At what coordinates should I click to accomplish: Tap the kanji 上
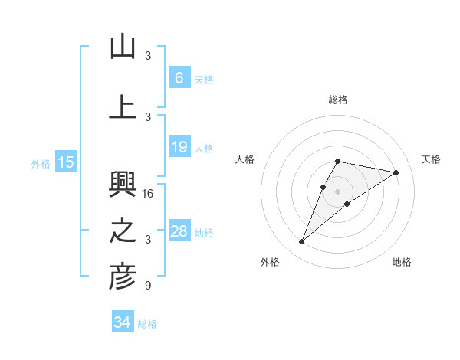click(x=123, y=106)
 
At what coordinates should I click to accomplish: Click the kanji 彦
click(x=123, y=277)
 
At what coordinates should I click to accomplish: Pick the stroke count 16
click(x=149, y=194)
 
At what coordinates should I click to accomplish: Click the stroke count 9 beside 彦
click(x=148, y=286)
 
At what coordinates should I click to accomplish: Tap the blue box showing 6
click(x=179, y=77)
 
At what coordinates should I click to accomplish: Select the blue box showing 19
click(x=179, y=147)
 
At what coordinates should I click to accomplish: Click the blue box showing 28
click(x=179, y=231)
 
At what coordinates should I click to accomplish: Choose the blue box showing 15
click(x=66, y=162)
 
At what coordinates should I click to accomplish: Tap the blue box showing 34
click(x=122, y=322)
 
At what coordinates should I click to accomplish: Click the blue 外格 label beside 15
click(x=41, y=163)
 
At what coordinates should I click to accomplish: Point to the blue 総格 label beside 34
click(x=147, y=324)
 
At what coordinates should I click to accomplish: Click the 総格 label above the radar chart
click(x=337, y=100)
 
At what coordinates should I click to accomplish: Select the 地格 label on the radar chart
click(x=402, y=263)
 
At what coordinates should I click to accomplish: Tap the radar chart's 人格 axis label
click(x=245, y=159)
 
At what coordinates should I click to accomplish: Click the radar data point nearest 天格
click(x=396, y=173)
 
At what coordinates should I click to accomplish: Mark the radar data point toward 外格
click(x=302, y=242)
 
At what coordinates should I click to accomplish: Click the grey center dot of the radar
click(x=337, y=191)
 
